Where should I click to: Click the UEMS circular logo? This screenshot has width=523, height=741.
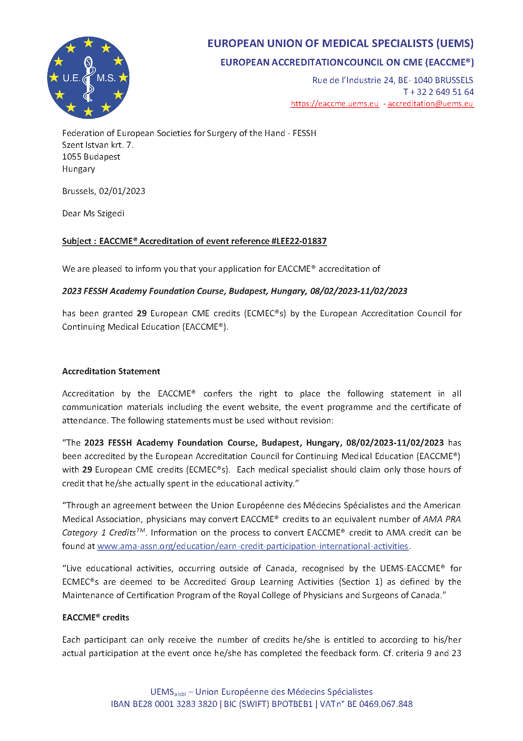click(88, 78)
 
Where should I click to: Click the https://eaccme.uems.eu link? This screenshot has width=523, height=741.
click(335, 104)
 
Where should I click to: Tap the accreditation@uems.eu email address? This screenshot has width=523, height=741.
click(430, 104)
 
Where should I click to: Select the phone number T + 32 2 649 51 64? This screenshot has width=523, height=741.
click(438, 92)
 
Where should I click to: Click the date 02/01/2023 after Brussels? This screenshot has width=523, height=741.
click(122, 191)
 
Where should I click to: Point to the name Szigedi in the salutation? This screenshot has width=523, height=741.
click(110, 213)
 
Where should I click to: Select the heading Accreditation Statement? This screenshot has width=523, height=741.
click(111, 371)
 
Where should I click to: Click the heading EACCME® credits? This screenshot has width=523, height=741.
click(96, 617)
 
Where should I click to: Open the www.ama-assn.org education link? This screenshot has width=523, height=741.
click(253, 546)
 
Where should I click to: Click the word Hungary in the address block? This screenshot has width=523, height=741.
click(78, 169)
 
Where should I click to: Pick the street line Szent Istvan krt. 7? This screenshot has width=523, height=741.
click(98, 145)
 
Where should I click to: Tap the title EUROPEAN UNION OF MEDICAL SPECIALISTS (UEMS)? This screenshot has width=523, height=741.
click(340, 44)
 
